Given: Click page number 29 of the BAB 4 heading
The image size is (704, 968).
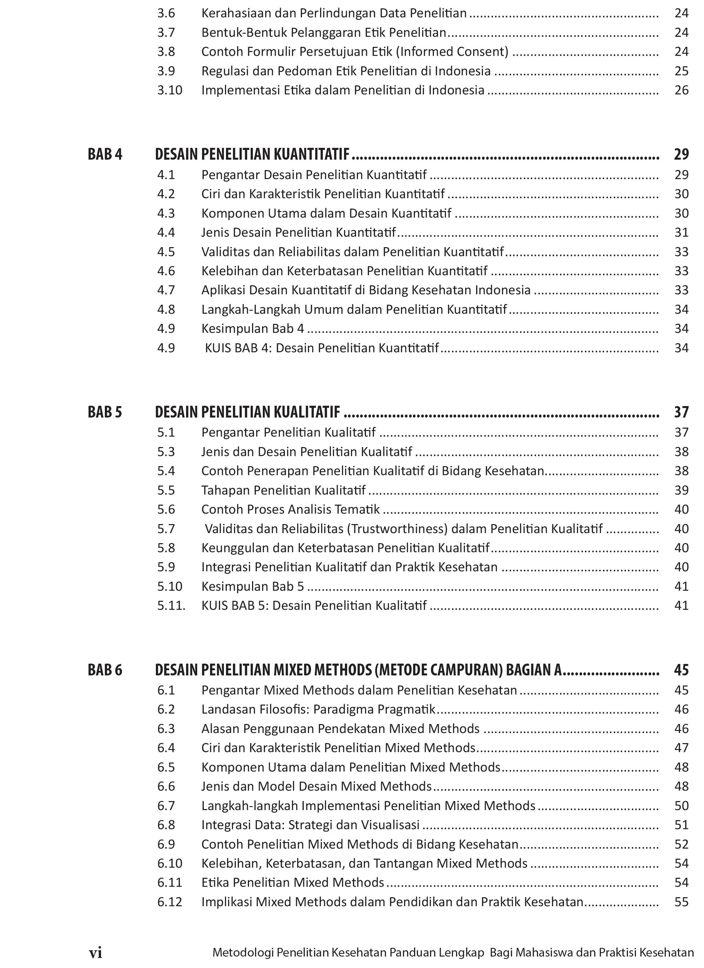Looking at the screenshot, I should (x=681, y=154).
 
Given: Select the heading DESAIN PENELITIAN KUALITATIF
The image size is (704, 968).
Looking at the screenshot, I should (x=248, y=412).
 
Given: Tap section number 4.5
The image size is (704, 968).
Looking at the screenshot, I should (x=166, y=252).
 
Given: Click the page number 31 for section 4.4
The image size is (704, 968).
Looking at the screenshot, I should (x=682, y=233).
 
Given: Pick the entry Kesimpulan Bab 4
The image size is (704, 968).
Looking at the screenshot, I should (x=253, y=329).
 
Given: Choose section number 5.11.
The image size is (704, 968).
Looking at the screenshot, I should (x=171, y=606).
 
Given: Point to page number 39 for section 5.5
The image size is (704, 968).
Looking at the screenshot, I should (x=682, y=490).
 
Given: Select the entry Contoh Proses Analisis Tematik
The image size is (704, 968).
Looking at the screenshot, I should (x=290, y=510).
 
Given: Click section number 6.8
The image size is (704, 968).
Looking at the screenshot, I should (x=166, y=825).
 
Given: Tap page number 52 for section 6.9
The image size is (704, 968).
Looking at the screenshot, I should (x=682, y=844).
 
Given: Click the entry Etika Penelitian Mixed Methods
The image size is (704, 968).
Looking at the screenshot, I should (x=293, y=883).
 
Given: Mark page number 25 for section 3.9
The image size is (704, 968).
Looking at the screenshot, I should (x=682, y=71).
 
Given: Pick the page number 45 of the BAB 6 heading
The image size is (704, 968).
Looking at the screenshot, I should (x=681, y=670).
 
